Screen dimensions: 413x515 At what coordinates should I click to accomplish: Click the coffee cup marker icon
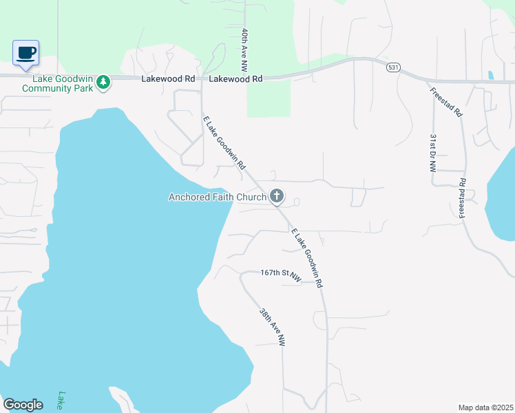click(x=26, y=53)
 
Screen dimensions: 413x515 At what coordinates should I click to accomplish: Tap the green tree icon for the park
click(x=103, y=82)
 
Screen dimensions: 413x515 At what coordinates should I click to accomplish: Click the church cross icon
click(x=276, y=198)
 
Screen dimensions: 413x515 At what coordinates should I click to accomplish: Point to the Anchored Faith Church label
click(x=218, y=198)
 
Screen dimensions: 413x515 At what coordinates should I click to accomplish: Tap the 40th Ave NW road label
click(x=244, y=51)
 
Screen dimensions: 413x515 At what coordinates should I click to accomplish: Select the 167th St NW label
click(x=281, y=275)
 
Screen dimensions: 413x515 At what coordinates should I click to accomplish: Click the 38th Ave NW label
click(x=272, y=326)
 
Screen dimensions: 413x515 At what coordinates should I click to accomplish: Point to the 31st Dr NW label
click(x=434, y=159)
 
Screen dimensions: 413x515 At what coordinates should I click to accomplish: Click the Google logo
click(x=23, y=405)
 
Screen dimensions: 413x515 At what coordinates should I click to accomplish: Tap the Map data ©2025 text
click(x=485, y=407)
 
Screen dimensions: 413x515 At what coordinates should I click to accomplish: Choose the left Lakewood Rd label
click(x=168, y=79)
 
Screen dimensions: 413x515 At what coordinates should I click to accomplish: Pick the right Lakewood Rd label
click(x=236, y=79)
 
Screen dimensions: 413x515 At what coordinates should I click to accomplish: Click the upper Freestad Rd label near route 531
click(x=445, y=103)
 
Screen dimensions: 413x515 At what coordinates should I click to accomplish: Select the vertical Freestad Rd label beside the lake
click(x=463, y=199)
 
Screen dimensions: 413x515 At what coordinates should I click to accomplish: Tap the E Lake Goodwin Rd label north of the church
click(x=224, y=143)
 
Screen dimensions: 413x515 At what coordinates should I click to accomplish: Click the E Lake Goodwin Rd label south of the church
click(x=307, y=257)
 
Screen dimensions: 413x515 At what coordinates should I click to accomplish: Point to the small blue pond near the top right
click(x=490, y=75)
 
